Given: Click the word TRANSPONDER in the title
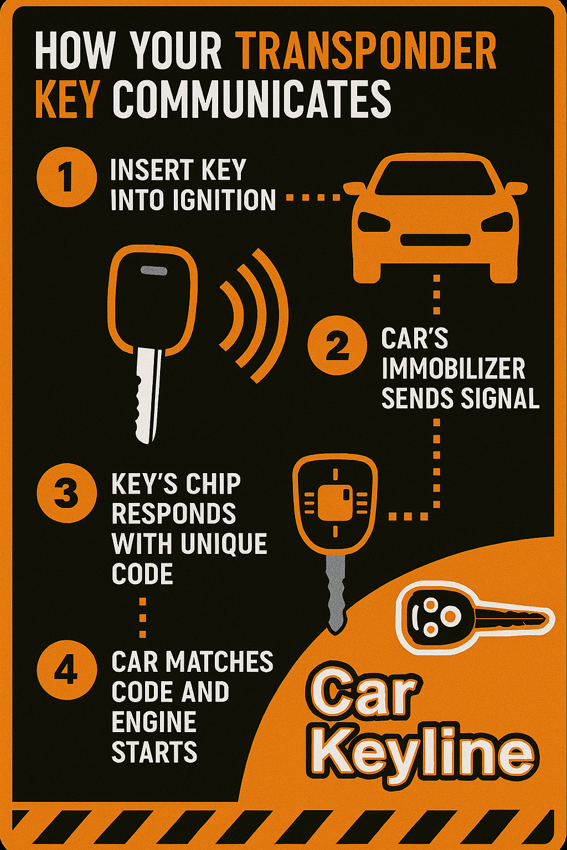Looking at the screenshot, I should pyautogui.click(x=366, y=51).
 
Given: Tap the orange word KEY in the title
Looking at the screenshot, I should pyautogui.click(x=66, y=100).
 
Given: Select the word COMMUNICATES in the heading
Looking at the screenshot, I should pyautogui.click(x=252, y=100).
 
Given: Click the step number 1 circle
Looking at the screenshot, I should pyautogui.click(x=66, y=177).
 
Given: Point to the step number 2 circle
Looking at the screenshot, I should pyautogui.click(x=337, y=346).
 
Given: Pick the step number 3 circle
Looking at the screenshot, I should pyautogui.click(x=66, y=493).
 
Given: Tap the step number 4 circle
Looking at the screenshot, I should pyautogui.click(x=66, y=670).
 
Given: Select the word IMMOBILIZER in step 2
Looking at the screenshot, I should pyautogui.click(x=453, y=369).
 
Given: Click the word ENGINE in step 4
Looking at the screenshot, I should pyautogui.click(x=154, y=722).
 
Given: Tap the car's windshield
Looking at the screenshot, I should pyautogui.click(x=435, y=178).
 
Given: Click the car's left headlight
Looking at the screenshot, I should pyautogui.click(x=374, y=222).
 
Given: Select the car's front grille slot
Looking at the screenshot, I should pyautogui.click(x=435, y=240).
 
